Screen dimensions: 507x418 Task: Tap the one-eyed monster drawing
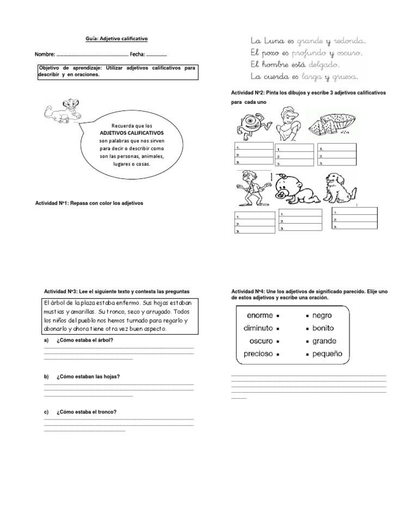click(x=251, y=126)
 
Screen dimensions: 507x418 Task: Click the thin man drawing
click(x=251, y=188)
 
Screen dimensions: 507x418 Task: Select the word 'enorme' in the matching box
click(x=260, y=316)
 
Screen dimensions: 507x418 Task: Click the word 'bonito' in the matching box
click(x=323, y=328)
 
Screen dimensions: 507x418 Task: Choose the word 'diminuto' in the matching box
click(x=258, y=328)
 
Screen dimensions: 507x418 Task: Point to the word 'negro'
click(x=322, y=316)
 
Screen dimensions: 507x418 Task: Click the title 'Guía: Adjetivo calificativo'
click(x=116, y=39)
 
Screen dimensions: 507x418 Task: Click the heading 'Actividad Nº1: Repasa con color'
click(x=88, y=203)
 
